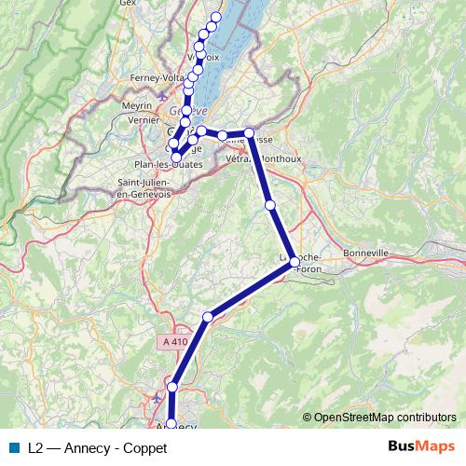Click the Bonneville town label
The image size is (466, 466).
point(365,253)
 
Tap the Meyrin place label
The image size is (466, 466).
point(136,106)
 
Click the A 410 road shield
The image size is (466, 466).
point(172,342)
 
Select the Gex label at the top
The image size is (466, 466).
point(129,4)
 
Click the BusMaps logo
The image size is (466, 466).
point(421,446)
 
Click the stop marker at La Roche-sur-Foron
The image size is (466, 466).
point(295,262)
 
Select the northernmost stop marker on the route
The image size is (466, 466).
point(216,17)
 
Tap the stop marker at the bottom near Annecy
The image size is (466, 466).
point(171,424)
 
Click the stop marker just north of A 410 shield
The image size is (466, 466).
point(208,317)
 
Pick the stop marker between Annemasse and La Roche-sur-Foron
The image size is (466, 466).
point(270,204)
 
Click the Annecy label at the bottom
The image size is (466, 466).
point(175,428)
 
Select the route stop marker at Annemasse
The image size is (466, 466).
point(249,133)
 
